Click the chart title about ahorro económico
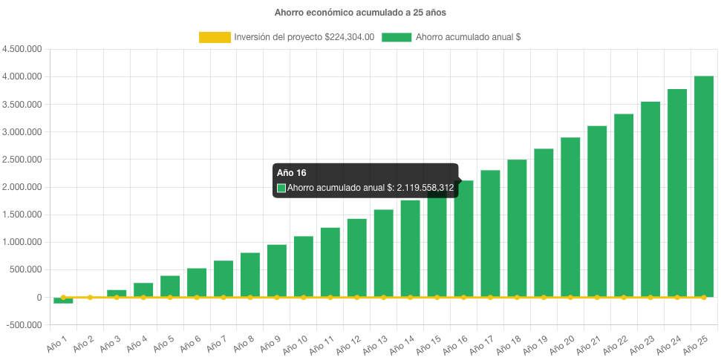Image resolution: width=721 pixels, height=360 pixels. click(x=360, y=13)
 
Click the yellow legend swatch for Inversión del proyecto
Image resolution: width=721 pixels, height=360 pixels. click(x=215, y=37)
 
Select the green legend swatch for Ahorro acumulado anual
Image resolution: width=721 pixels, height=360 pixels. click(x=397, y=37)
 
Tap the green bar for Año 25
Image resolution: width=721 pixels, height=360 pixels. click(x=703, y=186)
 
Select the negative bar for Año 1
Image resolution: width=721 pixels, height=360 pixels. click(x=63, y=301)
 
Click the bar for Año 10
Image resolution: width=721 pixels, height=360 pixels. click(x=303, y=266)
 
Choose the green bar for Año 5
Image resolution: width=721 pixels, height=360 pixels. click(x=170, y=286)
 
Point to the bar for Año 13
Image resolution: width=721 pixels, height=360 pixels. click(x=383, y=253)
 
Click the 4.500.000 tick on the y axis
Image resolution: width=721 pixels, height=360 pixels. click(x=22, y=49)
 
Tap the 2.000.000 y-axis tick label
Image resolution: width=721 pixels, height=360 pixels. click(x=22, y=187)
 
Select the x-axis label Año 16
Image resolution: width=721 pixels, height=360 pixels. click(x=454, y=343)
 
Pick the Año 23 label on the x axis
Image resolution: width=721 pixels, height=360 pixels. click(x=642, y=343)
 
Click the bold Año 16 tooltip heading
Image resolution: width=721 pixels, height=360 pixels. click(x=287, y=172)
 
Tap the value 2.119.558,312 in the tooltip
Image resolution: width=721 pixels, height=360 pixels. click(x=425, y=188)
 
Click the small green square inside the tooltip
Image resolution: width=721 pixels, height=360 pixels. click(x=281, y=188)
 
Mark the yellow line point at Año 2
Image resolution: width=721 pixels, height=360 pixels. click(x=90, y=297)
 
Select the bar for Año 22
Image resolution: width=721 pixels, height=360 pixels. click(x=624, y=205)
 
